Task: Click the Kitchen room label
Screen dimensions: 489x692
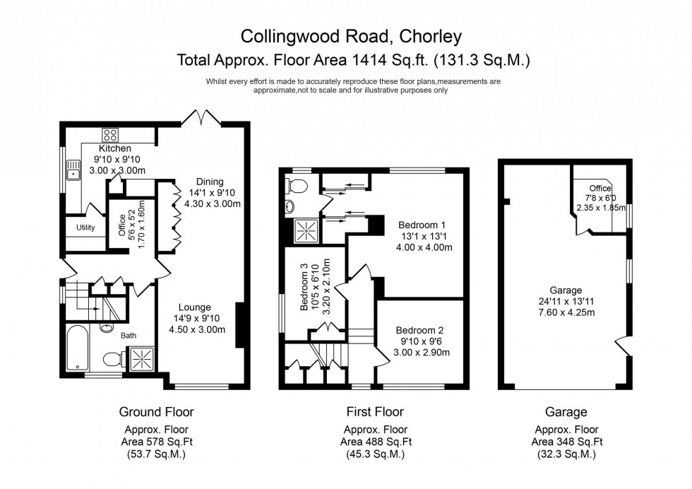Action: [x=114, y=148]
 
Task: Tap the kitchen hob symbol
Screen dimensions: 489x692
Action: [x=111, y=135]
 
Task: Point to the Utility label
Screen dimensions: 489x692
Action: [x=85, y=228]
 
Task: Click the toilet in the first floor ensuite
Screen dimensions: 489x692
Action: [x=297, y=187]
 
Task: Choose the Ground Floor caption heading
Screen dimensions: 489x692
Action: [x=156, y=412]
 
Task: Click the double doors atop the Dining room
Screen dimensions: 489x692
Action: [x=201, y=117]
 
